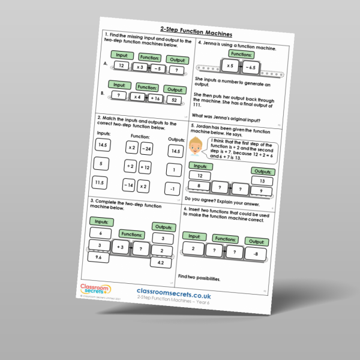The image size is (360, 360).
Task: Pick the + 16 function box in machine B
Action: click(155, 98)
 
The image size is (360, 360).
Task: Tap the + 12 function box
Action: click(145, 168)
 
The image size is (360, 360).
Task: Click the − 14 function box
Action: click(128, 185)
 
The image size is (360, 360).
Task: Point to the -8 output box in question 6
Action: click(254, 253)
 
